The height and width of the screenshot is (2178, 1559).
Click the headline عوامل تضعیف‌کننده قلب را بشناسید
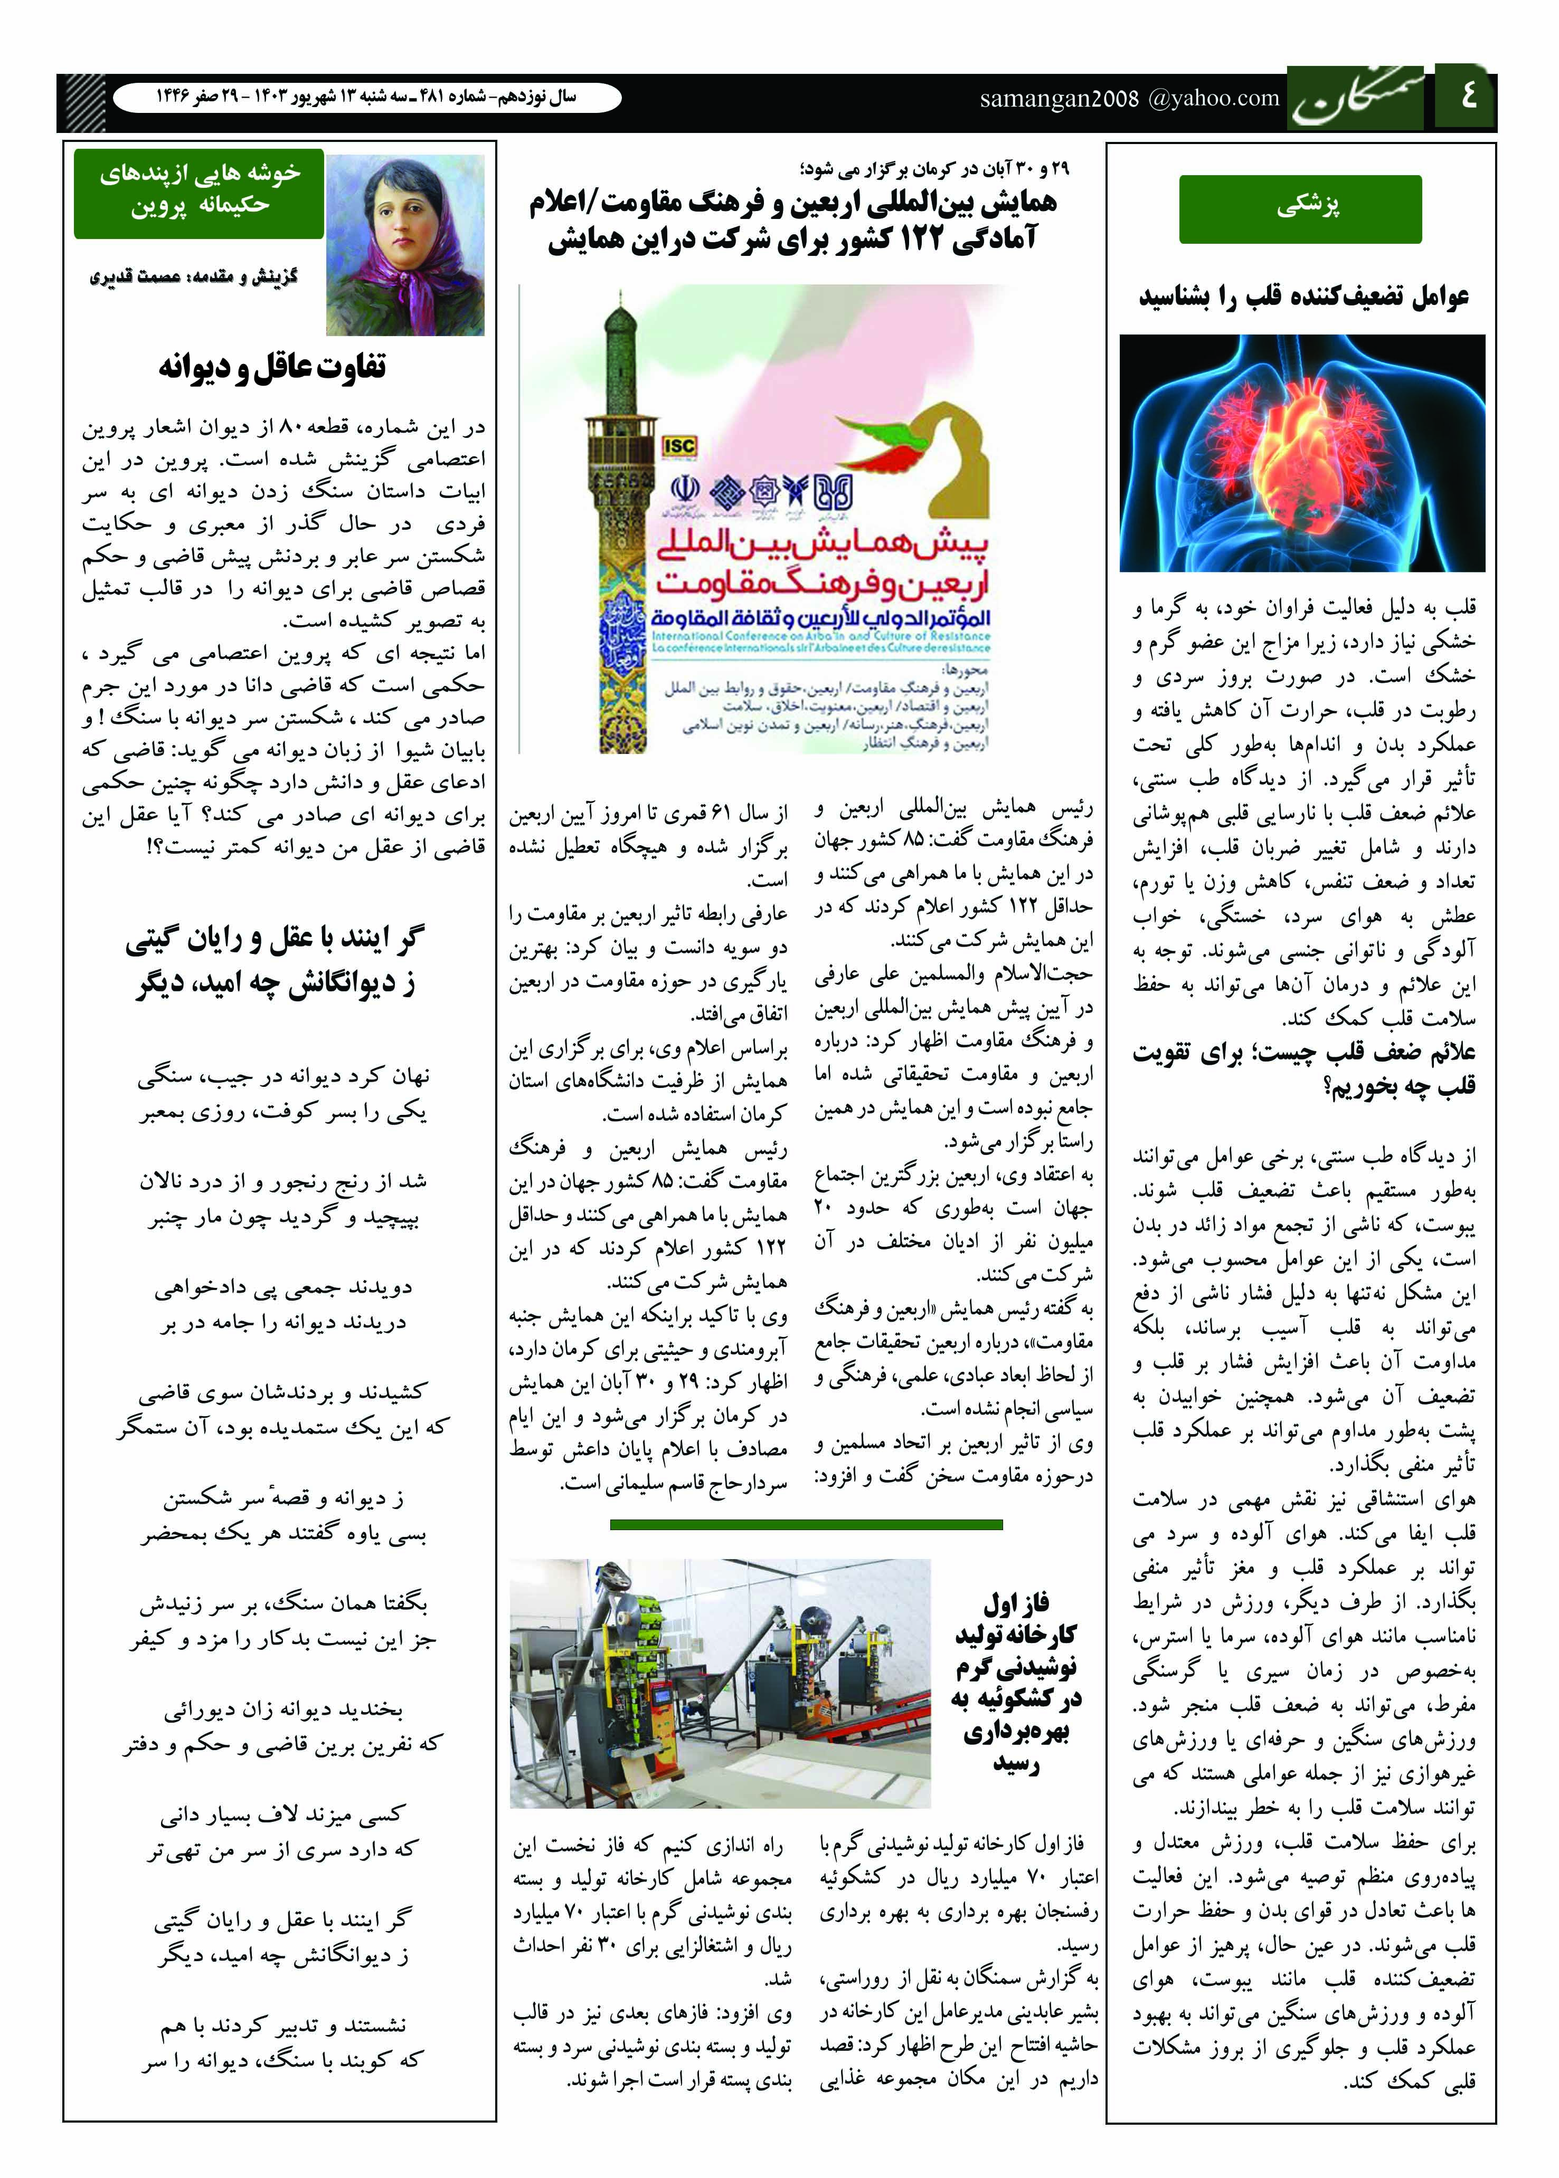pos(1303,297)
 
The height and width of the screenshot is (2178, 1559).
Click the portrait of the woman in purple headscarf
pos(405,246)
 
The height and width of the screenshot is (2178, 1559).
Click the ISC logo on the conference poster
pos(679,445)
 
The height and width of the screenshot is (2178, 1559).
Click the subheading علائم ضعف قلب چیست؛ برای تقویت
pos(1303,1053)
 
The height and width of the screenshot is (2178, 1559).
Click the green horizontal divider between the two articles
pos(806,1524)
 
